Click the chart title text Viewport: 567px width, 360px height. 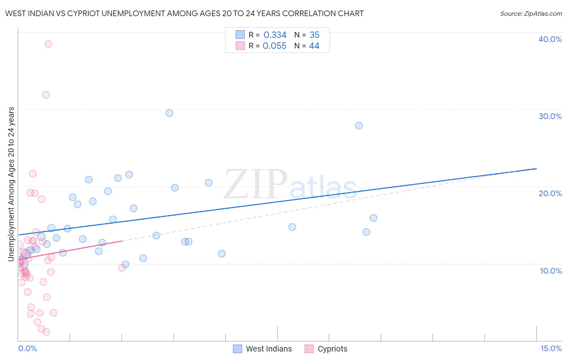184,13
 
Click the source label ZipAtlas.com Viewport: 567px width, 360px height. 531,13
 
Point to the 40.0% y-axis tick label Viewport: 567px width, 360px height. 550,39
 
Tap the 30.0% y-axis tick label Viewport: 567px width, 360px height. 550,116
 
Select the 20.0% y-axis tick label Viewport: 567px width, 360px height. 550,193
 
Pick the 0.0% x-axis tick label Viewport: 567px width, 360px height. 27,349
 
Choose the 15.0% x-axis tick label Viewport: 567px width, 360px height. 550,349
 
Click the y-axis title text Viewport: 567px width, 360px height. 11,184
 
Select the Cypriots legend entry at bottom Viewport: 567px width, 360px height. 326,349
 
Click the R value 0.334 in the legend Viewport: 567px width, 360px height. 275,35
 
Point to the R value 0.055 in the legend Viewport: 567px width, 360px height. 274,46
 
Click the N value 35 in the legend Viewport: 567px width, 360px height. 315,35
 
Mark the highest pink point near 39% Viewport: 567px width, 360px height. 48,44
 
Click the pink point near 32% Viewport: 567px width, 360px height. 46,95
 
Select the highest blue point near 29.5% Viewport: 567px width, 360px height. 169,113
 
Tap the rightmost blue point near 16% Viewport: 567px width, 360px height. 373,218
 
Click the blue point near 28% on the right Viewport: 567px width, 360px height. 359,126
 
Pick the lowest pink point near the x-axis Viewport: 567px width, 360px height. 46,332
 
